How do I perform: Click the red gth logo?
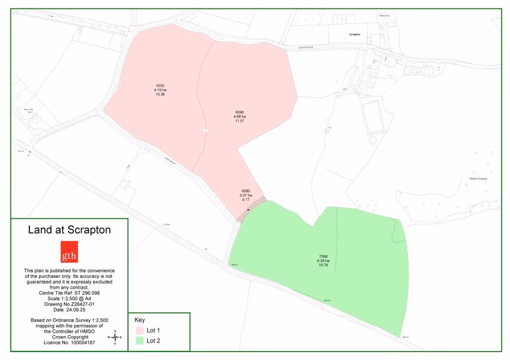(69, 252)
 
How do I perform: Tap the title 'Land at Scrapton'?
(69, 230)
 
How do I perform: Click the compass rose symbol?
(115, 338)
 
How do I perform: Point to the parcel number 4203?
(160, 85)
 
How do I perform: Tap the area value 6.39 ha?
(323, 261)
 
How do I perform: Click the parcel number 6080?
(246, 191)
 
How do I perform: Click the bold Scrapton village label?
(354, 34)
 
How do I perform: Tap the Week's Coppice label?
(478, 178)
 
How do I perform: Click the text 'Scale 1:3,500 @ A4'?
(69, 298)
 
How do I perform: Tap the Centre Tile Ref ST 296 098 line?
(69, 293)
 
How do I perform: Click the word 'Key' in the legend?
(139, 320)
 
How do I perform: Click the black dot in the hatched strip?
(249, 210)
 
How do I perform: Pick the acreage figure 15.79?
(323, 265)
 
